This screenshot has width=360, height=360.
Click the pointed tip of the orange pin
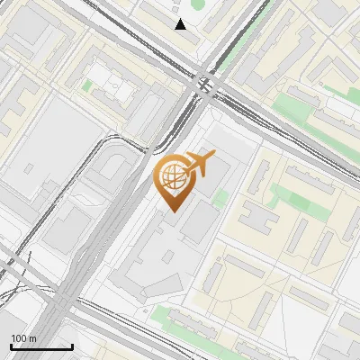point(171,211)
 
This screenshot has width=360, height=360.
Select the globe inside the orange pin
point(171,177)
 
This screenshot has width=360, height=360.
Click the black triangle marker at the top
point(181,24)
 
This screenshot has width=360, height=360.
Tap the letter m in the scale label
point(33,338)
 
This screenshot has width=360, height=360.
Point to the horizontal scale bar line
point(41,346)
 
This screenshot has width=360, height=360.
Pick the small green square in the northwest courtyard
point(87,86)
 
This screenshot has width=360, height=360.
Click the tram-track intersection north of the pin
point(203,85)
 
